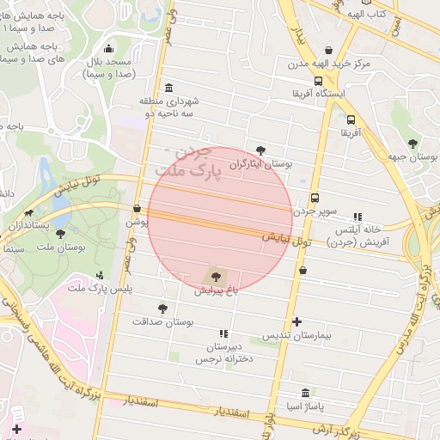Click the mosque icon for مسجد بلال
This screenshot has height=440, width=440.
(x=108, y=49)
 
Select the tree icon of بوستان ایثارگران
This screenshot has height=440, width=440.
(x=261, y=150)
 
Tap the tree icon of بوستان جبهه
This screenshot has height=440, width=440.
(x=413, y=143)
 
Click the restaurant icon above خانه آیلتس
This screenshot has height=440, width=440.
(x=358, y=217)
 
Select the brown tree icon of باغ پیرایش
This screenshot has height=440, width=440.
(x=216, y=277)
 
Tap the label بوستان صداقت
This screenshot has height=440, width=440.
(x=163, y=321)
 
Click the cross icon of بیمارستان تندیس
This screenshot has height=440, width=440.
(x=297, y=322)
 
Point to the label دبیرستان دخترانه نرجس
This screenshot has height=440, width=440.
(x=224, y=352)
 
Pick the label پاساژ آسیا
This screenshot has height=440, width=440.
(x=305, y=405)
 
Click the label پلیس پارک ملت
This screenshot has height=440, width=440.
(x=101, y=289)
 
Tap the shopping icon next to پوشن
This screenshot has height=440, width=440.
(x=137, y=208)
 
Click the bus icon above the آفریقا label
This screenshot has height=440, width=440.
(x=351, y=120)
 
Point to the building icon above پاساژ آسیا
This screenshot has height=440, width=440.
(x=305, y=392)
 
